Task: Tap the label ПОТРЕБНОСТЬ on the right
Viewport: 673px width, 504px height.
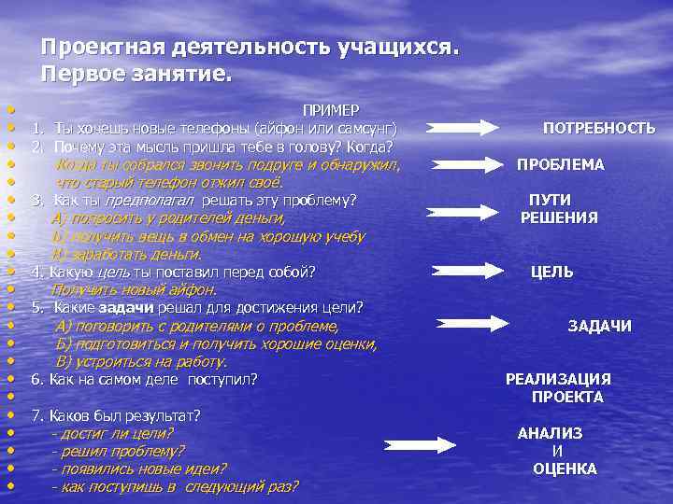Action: (x=599, y=128)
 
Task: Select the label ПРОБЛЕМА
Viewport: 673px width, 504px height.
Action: (x=561, y=164)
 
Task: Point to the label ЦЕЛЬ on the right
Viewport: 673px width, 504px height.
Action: (x=551, y=273)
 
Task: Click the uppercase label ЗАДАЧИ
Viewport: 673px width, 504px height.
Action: (x=599, y=326)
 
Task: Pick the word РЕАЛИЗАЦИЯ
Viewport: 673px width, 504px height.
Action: (x=558, y=379)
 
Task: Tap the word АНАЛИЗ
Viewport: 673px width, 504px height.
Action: (x=550, y=433)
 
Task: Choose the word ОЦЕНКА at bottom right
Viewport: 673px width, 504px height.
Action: (x=565, y=469)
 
